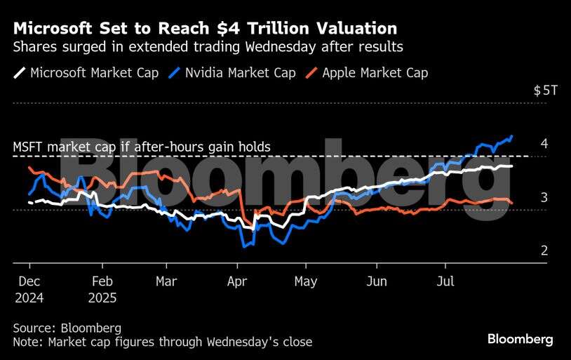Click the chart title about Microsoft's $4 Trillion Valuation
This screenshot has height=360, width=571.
click(x=205, y=29)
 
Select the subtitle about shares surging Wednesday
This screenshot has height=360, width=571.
click(x=208, y=48)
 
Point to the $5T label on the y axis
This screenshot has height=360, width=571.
click(x=544, y=91)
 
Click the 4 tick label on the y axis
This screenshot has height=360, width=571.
click(x=544, y=144)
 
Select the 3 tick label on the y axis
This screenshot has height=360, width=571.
click(x=544, y=197)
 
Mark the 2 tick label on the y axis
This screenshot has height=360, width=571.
click(x=544, y=251)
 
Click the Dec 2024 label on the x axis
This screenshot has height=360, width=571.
click(x=28, y=288)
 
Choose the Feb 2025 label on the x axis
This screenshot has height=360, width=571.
click(x=102, y=288)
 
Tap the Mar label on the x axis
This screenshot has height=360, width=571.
click(x=166, y=281)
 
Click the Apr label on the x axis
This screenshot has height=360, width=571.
click(x=237, y=281)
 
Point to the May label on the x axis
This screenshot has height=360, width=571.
click(x=306, y=281)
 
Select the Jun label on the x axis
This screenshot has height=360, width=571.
click(x=377, y=281)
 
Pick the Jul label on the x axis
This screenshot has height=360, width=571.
click(x=445, y=281)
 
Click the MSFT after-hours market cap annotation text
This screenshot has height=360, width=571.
click(x=142, y=147)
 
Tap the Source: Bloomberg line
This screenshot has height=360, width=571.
click(x=67, y=328)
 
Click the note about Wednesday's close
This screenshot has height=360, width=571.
click(x=162, y=342)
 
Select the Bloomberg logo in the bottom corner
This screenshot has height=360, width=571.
click(x=520, y=340)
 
